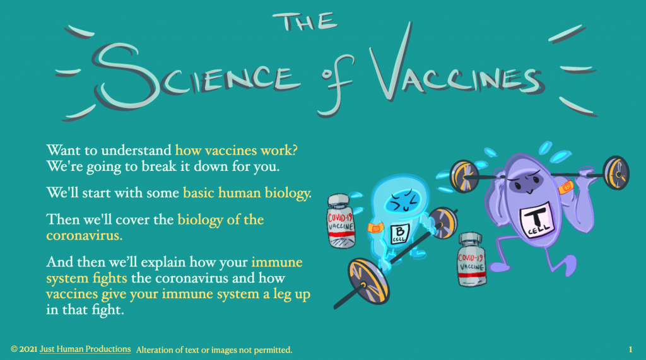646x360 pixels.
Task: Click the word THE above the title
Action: [305, 22]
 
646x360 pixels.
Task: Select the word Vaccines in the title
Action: [457, 70]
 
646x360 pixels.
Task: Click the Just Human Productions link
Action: [85, 349]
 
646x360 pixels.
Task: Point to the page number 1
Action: [630, 350]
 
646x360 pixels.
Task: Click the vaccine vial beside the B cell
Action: [341, 221]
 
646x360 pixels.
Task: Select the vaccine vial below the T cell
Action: [472, 260]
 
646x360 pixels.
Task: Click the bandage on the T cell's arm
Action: [567, 188]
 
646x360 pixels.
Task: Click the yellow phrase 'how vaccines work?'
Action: [236, 150]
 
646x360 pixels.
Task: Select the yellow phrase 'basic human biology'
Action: [247, 193]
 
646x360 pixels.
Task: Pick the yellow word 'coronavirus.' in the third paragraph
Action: [85, 236]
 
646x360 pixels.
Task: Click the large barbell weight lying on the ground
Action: [368, 281]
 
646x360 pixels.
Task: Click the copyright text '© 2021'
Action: [24, 349]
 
